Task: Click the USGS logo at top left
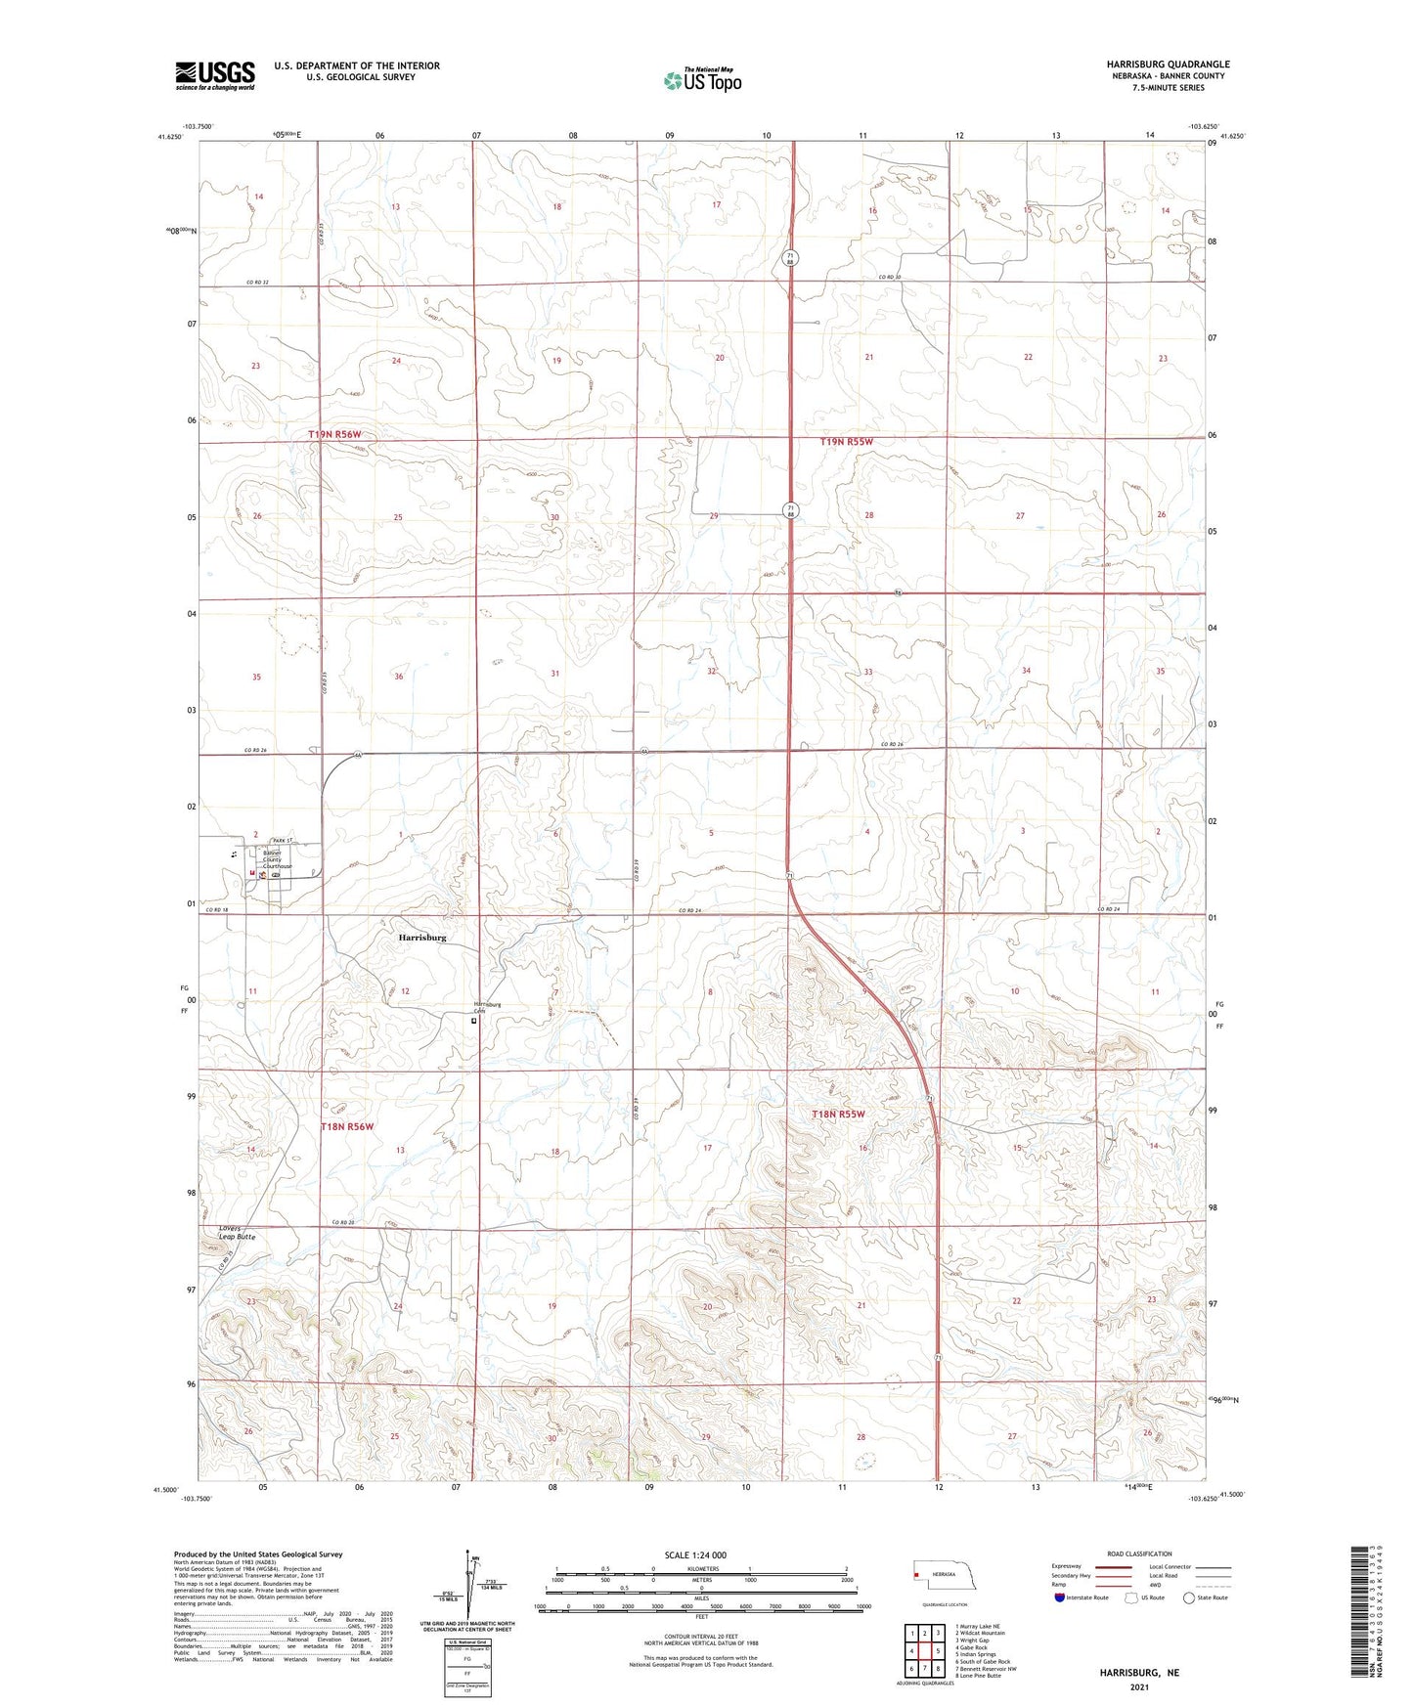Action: tap(214, 75)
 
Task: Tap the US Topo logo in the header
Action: tap(702, 80)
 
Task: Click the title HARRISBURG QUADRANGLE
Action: tap(1154, 65)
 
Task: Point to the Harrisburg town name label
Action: tap(422, 937)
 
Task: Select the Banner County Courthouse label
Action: tap(277, 859)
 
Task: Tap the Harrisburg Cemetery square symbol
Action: tap(474, 1021)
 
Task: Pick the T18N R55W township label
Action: tap(838, 1114)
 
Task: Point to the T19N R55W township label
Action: tap(846, 442)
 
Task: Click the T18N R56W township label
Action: tap(348, 1126)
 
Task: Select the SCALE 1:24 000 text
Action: tap(695, 1554)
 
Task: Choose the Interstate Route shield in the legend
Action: tap(1061, 1598)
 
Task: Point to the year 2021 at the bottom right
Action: tap(1138, 1685)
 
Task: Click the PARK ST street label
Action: tap(284, 841)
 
